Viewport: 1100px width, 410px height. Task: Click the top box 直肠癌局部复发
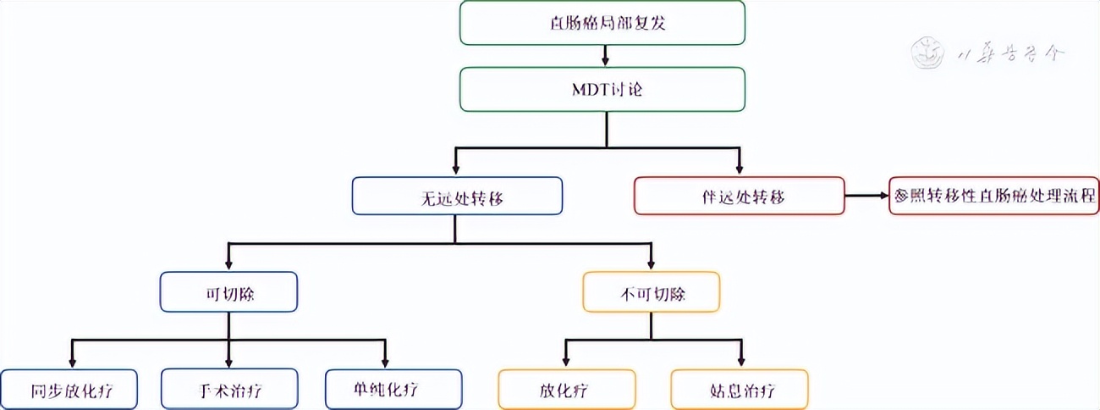602,22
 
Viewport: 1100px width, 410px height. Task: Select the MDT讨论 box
602,89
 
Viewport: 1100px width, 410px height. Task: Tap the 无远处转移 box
457,197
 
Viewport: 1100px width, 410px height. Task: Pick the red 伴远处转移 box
739,197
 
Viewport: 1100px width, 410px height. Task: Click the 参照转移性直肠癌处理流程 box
994,197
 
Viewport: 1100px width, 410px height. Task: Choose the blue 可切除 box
228,292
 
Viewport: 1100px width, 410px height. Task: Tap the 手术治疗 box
228,391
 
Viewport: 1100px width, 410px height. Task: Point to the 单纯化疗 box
393,391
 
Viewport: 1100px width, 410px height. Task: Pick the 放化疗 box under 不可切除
564,391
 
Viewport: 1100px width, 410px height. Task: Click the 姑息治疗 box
740,391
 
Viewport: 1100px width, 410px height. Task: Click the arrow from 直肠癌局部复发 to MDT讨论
603,56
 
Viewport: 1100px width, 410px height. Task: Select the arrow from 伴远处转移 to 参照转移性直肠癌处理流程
866,197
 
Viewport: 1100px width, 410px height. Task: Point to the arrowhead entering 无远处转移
457,169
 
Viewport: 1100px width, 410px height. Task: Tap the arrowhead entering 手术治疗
228,362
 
